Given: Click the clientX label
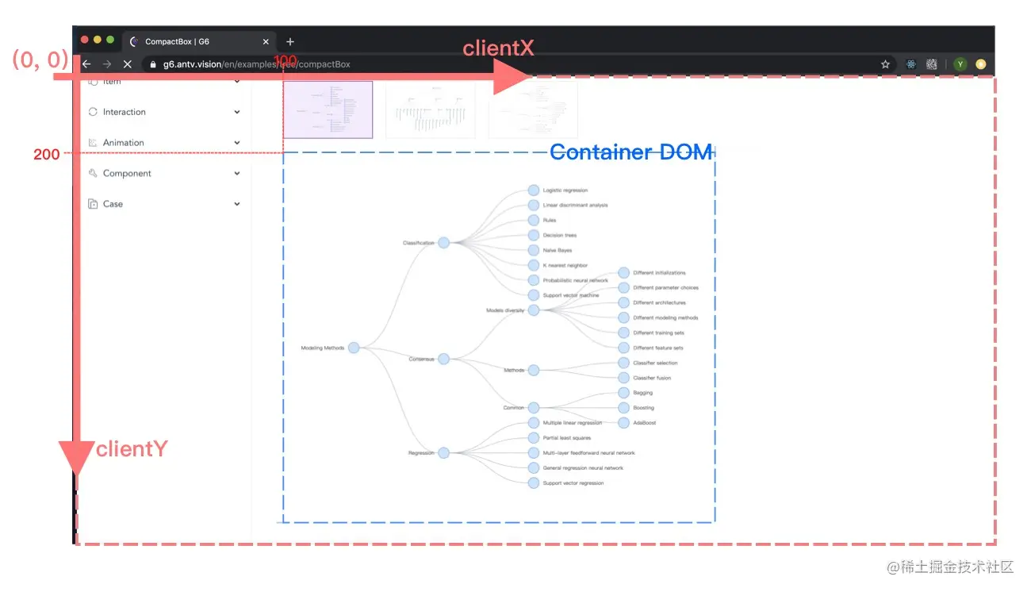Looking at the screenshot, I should click(x=498, y=48).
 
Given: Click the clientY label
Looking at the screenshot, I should click(x=132, y=449).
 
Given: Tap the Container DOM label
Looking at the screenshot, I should click(x=630, y=152).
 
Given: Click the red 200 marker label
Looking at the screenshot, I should click(x=46, y=155).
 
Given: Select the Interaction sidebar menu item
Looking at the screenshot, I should click(x=125, y=112).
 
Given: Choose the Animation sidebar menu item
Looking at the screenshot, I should click(x=124, y=143).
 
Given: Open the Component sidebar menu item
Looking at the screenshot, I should click(x=127, y=173).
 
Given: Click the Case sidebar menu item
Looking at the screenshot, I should click(x=113, y=204).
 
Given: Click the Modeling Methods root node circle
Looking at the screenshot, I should click(x=354, y=348).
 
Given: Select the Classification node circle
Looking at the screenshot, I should click(x=443, y=243).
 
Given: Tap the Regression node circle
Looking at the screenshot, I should click(x=443, y=453).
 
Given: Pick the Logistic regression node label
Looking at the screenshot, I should click(x=565, y=190).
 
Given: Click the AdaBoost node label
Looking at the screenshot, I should click(x=644, y=423).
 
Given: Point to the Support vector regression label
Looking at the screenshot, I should click(x=573, y=483).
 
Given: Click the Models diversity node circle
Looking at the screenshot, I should click(x=533, y=310).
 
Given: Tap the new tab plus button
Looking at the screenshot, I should click(x=290, y=41).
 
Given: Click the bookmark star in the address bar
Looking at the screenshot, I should click(x=885, y=64).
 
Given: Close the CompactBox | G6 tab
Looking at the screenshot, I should click(x=266, y=41).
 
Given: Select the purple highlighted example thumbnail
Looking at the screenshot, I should click(x=328, y=110).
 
